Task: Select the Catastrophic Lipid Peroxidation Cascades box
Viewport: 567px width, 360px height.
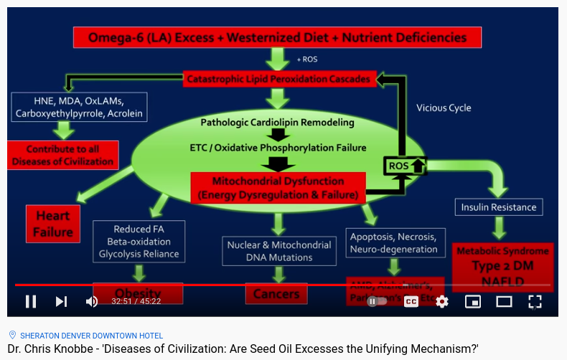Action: pyautogui.click(x=278, y=78)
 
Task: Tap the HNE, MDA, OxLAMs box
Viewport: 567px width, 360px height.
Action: pyautogui.click(x=79, y=106)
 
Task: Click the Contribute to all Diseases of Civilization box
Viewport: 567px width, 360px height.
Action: pyautogui.click(x=62, y=155)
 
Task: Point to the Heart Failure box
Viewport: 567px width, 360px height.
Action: pyautogui.click(x=53, y=223)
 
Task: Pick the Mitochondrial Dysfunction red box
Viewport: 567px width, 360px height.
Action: pyautogui.click(x=278, y=188)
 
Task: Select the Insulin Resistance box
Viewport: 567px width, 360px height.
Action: pyautogui.click(x=499, y=207)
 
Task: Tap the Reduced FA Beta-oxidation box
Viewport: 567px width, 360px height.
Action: pyautogui.click(x=139, y=242)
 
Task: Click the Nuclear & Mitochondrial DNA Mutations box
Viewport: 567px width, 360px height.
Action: pyautogui.click(x=278, y=251)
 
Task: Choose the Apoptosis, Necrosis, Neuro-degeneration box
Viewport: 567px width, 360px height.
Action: pyautogui.click(x=393, y=242)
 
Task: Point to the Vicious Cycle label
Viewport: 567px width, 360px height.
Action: pyautogui.click(x=444, y=108)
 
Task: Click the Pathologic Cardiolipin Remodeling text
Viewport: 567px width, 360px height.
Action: pyautogui.click(x=277, y=123)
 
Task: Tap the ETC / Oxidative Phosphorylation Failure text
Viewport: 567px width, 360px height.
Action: pyautogui.click(x=278, y=148)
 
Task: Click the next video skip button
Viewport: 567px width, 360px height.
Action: pyautogui.click(x=62, y=301)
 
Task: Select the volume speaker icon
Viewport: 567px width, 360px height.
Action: pyautogui.click(x=92, y=301)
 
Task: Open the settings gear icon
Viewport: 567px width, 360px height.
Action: pyautogui.click(x=442, y=301)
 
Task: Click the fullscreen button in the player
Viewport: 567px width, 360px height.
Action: pyautogui.click(x=535, y=301)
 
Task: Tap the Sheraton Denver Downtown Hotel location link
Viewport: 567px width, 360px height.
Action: pyautogui.click(x=91, y=336)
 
